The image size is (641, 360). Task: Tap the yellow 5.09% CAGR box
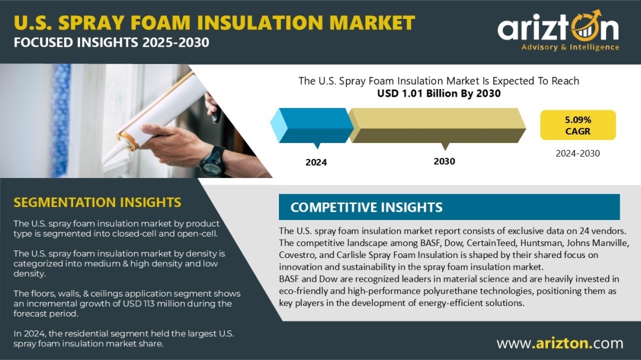click(x=577, y=125)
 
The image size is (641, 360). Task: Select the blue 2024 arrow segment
click(x=312, y=126)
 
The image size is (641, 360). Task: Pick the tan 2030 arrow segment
click(x=437, y=126)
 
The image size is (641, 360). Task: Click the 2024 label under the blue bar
click(x=316, y=163)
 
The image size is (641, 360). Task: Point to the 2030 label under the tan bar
click(x=445, y=161)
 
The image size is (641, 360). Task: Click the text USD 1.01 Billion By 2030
click(x=439, y=94)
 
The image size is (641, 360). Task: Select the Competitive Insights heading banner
click(x=449, y=207)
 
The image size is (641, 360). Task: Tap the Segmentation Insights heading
click(x=97, y=202)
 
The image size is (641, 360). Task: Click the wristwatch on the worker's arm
click(x=212, y=161)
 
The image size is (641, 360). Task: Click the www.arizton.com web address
click(x=560, y=343)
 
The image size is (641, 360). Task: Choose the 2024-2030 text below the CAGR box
click(x=577, y=154)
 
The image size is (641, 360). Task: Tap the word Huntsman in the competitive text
click(x=538, y=243)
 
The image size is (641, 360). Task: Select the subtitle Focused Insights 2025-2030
click(x=111, y=43)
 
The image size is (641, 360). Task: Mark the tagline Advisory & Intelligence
click(x=570, y=47)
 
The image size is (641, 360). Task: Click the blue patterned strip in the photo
click(x=61, y=120)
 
